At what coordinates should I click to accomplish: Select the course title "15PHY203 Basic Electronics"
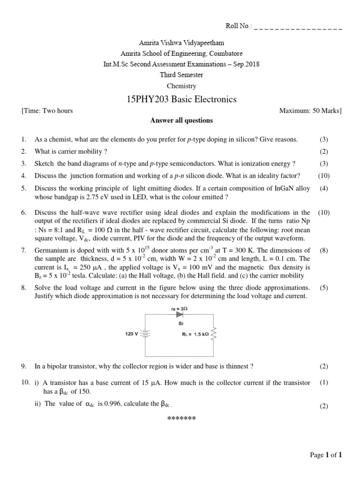pyautogui.click(x=182, y=99)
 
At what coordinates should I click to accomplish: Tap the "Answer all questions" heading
pyautogui.click(x=181, y=120)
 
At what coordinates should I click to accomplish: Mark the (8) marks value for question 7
pyautogui.click(x=323, y=250)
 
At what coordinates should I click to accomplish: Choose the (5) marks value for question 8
pyautogui.click(x=323, y=288)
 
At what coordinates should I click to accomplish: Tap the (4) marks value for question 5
pyautogui.click(x=323, y=188)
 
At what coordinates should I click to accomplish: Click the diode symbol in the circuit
pyautogui.click(x=180, y=316)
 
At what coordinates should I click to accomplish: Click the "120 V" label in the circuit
pyautogui.click(x=131, y=334)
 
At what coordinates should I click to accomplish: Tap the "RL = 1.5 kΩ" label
pyautogui.click(x=196, y=335)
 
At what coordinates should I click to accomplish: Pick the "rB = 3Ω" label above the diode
pyautogui.click(x=180, y=308)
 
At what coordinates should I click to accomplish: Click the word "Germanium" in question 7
pyautogui.click(x=51, y=250)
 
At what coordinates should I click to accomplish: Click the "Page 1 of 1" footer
pyautogui.click(x=326, y=455)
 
